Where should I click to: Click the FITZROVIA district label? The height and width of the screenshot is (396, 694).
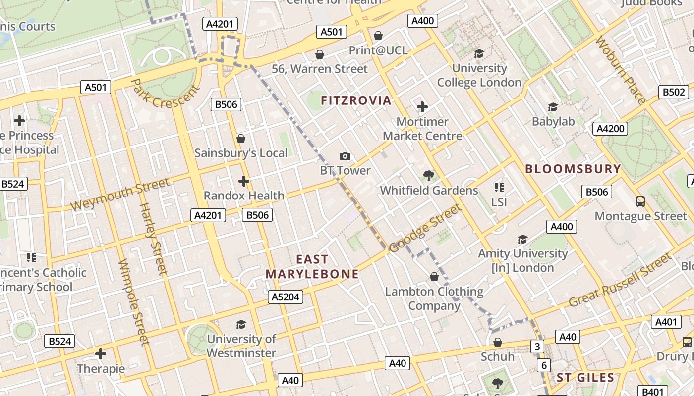[356, 101]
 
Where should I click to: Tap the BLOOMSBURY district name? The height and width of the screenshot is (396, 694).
[573, 169]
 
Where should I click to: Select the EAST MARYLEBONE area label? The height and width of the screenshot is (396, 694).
[312, 267]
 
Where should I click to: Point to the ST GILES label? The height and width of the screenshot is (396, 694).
[585, 378]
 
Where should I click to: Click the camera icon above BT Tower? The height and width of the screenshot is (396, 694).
[345, 156]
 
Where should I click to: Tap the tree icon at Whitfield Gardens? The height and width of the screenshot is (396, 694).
[428, 176]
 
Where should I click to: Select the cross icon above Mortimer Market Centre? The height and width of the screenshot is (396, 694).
[422, 107]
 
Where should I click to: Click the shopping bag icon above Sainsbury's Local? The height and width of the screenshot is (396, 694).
[241, 139]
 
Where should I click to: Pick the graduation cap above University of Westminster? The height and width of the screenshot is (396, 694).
[241, 324]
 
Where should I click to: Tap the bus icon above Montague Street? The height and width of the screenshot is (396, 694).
[640, 201]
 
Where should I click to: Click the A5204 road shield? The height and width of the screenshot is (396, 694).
[286, 297]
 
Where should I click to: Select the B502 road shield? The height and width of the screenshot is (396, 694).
[674, 92]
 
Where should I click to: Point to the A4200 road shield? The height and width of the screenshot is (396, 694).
[610, 129]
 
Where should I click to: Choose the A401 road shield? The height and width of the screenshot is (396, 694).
[666, 322]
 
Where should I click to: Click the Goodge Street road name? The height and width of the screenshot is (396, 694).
[425, 228]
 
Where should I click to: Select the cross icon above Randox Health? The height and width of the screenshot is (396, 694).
[243, 181]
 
